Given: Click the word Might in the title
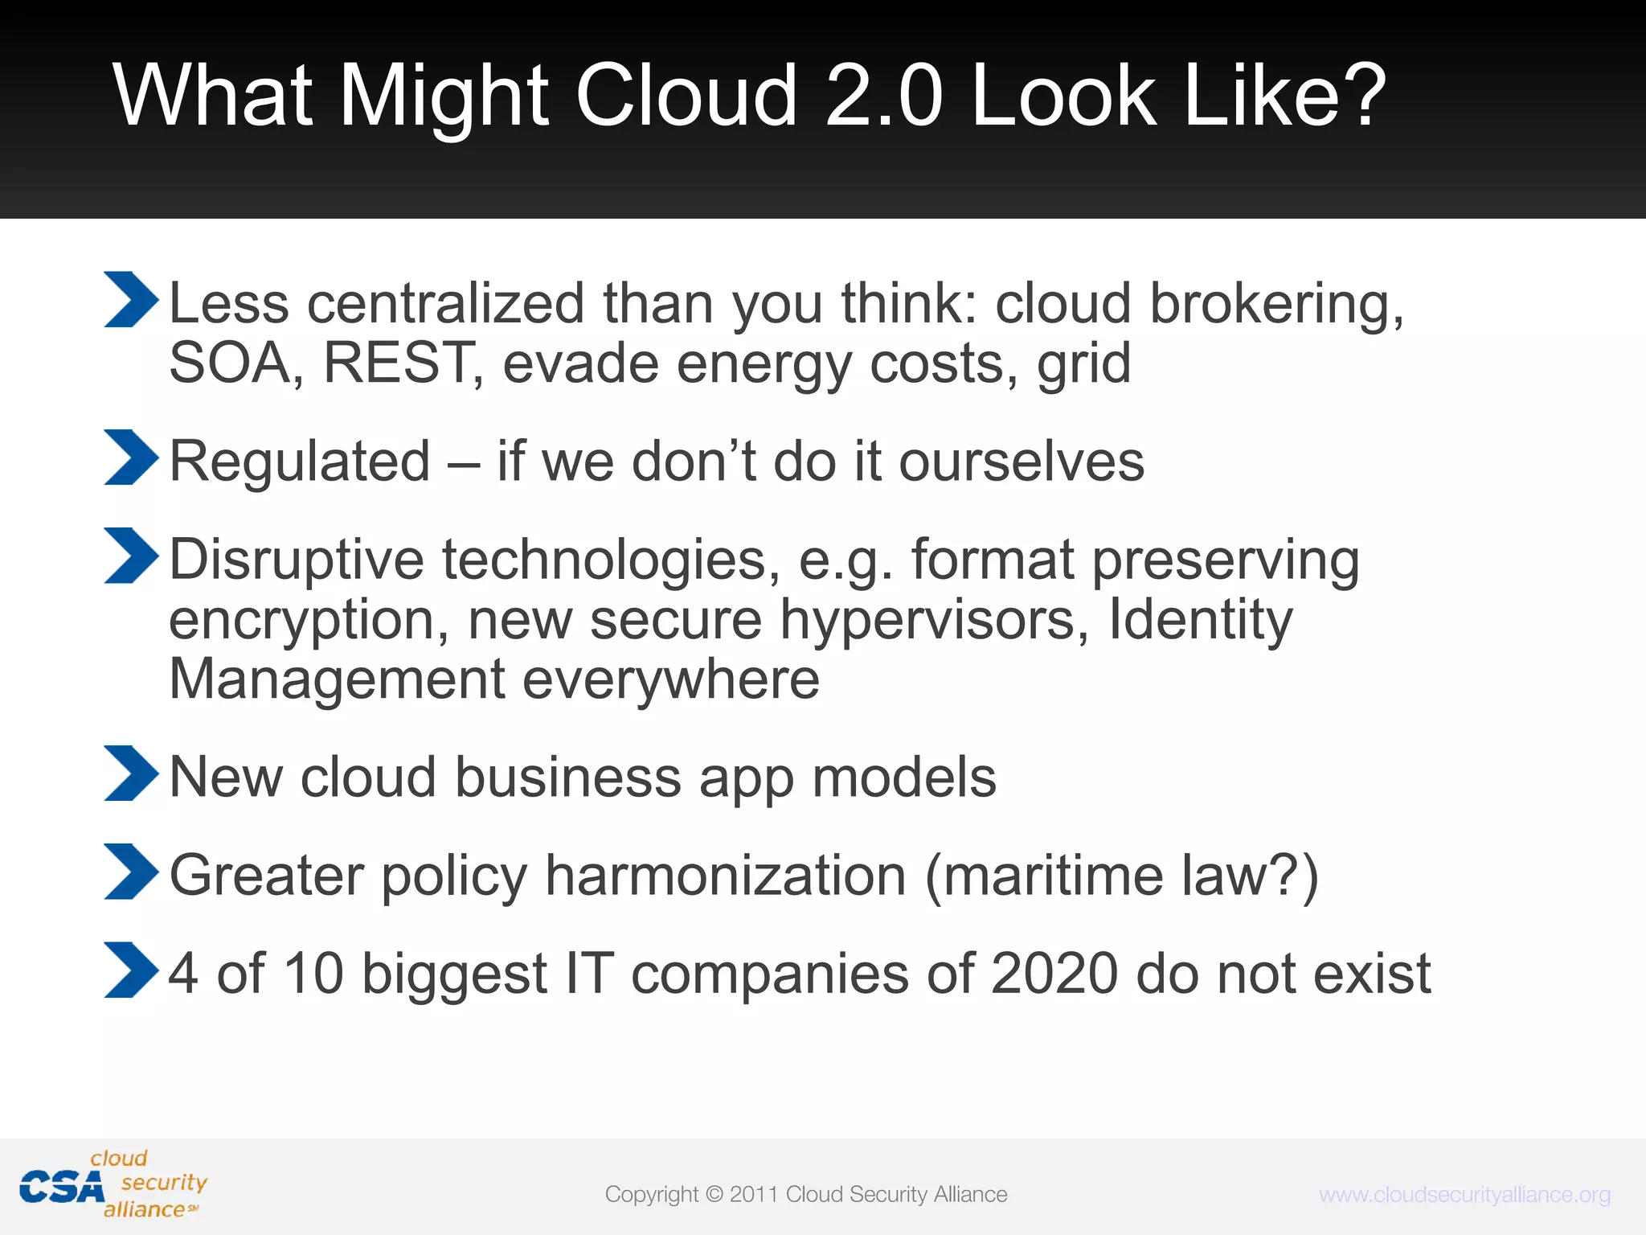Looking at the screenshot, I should [444, 98].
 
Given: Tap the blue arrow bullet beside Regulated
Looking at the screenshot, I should [130, 457].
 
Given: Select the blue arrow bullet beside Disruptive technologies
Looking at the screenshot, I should [130, 556].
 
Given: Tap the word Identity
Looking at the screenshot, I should [1201, 621].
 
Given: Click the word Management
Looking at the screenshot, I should [337, 679].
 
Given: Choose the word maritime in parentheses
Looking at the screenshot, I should [1053, 876].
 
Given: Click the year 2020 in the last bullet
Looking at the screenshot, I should [1054, 974].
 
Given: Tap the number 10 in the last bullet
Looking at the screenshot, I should [313, 974].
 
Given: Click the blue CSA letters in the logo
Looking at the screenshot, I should [61, 1188].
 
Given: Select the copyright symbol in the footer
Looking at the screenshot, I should [714, 1195].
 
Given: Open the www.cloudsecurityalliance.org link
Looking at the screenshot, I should [1464, 1195].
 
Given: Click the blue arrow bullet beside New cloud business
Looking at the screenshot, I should [130, 773].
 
